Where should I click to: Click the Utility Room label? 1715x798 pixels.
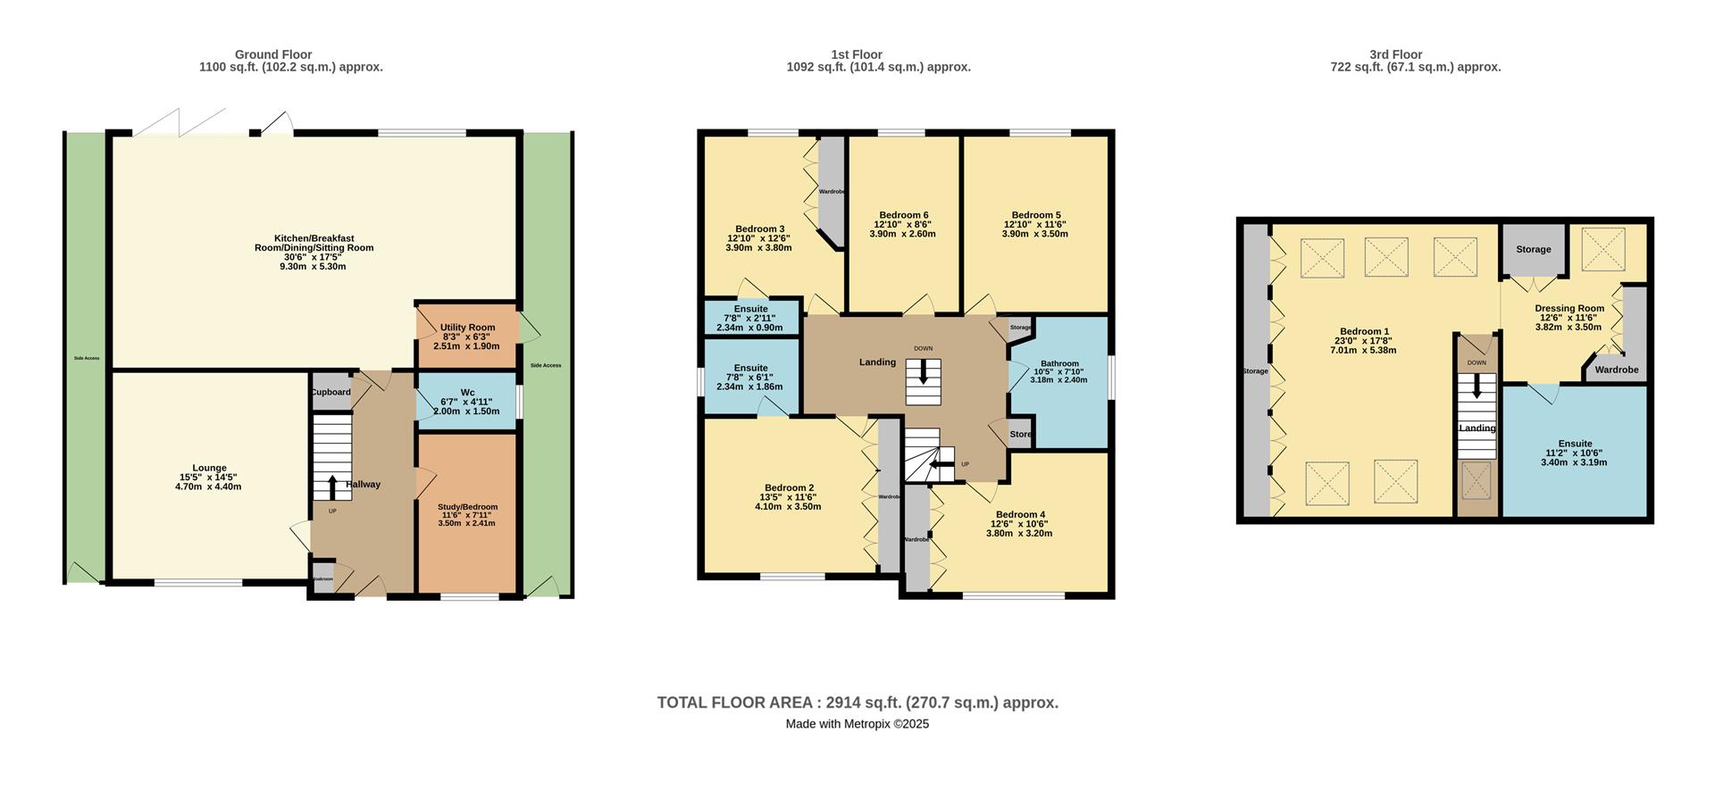click(467, 328)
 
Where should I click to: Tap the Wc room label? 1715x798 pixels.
click(467, 392)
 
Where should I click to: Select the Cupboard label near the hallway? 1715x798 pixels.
click(330, 392)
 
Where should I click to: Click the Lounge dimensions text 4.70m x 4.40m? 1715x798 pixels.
click(208, 486)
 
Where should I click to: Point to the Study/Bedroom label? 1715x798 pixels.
click(467, 507)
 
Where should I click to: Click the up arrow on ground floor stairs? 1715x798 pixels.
click(332, 487)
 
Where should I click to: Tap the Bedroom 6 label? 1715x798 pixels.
click(903, 215)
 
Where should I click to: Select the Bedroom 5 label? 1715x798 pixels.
click(1035, 215)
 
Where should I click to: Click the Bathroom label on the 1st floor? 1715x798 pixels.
click(1059, 363)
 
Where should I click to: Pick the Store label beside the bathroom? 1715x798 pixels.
click(1020, 435)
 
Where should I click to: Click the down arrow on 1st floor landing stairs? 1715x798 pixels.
click(923, 373)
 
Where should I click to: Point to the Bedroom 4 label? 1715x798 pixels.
click(1019, 514)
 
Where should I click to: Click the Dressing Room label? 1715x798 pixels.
click(1569, 308)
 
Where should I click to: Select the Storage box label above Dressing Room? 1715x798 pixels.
click(1533, 249)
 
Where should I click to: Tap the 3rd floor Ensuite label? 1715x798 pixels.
click(1574, 444)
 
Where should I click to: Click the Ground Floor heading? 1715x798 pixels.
click(272, 54)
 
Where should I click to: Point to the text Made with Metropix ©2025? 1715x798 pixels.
click(857, 724)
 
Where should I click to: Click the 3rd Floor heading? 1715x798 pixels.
click(1394, 54)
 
